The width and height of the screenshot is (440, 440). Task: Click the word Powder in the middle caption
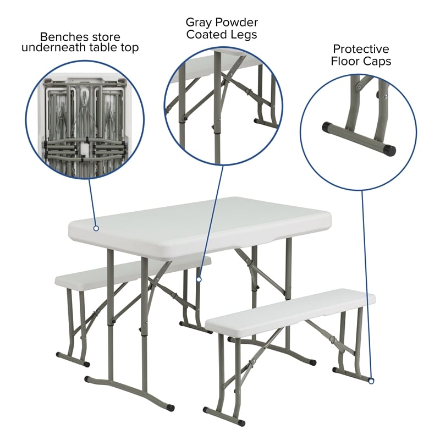(233, 23)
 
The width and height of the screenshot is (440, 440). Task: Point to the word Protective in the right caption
(361, 49)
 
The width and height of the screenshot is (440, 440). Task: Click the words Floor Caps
(361, 61)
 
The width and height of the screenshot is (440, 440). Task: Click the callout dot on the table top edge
(96, 228)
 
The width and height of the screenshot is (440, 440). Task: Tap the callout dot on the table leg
(199, 279)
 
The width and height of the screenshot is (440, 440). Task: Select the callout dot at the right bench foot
(371, 380)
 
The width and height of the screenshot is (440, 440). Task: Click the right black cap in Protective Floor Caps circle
(390, 149)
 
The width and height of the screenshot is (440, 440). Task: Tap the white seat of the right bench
(291, 311)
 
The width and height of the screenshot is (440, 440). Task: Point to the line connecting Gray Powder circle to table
(212, 220)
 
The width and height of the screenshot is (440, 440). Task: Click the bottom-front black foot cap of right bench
(240, 423)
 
